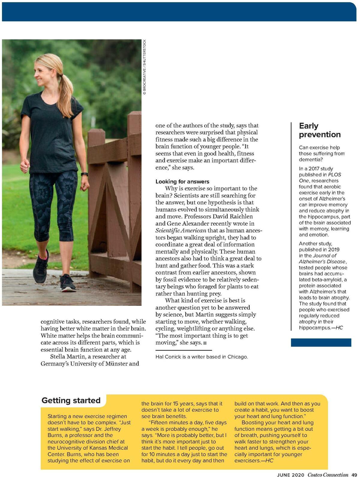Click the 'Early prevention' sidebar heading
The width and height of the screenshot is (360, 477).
(319, 130)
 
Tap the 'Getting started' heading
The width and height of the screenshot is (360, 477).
(71, 400)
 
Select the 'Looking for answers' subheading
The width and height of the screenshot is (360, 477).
(182, 181)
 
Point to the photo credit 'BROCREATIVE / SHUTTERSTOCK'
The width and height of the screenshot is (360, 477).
(144, 67)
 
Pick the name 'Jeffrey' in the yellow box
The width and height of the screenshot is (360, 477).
(112, 429)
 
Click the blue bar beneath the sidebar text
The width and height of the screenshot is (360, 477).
(321, 342)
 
